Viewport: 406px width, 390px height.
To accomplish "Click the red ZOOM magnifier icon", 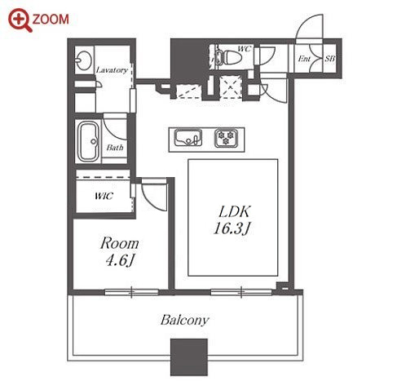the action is click(x=20, y=20).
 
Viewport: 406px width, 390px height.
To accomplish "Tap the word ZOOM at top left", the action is click(x=51, y=20).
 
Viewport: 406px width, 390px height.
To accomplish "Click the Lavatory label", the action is click(x=112, y=70).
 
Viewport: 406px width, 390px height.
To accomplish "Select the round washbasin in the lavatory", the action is click(x=84, y=60).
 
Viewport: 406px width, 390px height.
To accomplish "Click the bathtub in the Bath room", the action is click(x=88, y=141).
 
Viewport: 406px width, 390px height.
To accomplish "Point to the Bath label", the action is click(x=115, y=148).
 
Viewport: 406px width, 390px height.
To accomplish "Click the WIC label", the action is click(x=104, y=196).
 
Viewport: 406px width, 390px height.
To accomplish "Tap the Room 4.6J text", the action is click(x=119, y=251).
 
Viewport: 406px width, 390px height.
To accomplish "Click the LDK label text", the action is click(x=234, y=212).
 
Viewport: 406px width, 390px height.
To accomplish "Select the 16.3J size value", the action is click(x=232, y=228).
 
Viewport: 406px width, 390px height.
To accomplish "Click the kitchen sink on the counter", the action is click(x=188, y=137).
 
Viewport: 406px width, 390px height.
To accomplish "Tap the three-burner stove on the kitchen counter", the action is click(x=226, y=138).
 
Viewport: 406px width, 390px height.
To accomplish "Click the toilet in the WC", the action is click(x=227, y=57).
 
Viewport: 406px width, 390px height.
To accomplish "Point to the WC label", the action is click(x=244, y=49).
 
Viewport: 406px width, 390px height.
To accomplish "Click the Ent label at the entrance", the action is click(x=304, y=59).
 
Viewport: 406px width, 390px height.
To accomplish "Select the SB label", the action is click(x=329, y=59).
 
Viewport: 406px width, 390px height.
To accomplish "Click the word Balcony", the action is click(x=185, y=320).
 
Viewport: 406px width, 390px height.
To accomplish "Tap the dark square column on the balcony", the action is click(x=189, y=357).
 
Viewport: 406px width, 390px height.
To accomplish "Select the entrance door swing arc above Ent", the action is click(x=304, y=23).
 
